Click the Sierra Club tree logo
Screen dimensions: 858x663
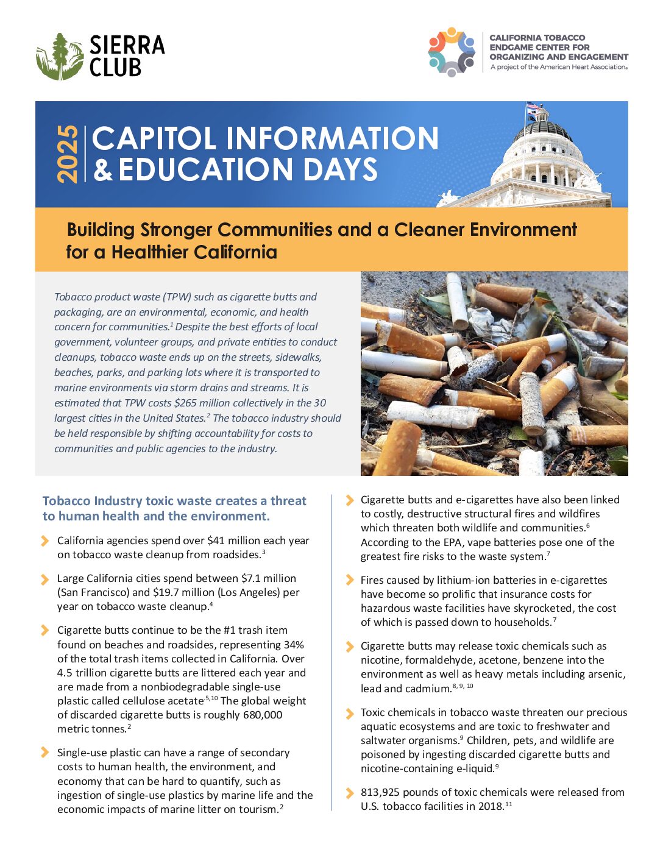[x=59, y=56]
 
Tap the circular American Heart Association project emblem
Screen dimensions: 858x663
[x=452, y=52]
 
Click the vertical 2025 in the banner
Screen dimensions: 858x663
[x=68, y=154]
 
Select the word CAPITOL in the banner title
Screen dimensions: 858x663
[x=155, y=138]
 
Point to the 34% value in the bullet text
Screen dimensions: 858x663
[x=294, y=645]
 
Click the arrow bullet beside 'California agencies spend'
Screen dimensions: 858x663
[x=44, y=541]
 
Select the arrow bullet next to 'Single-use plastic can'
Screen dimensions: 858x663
[x=44, y=753]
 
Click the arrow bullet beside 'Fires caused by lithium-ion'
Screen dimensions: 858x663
[x=349, y=580]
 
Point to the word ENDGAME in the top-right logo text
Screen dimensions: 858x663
[x=513, y=47]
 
